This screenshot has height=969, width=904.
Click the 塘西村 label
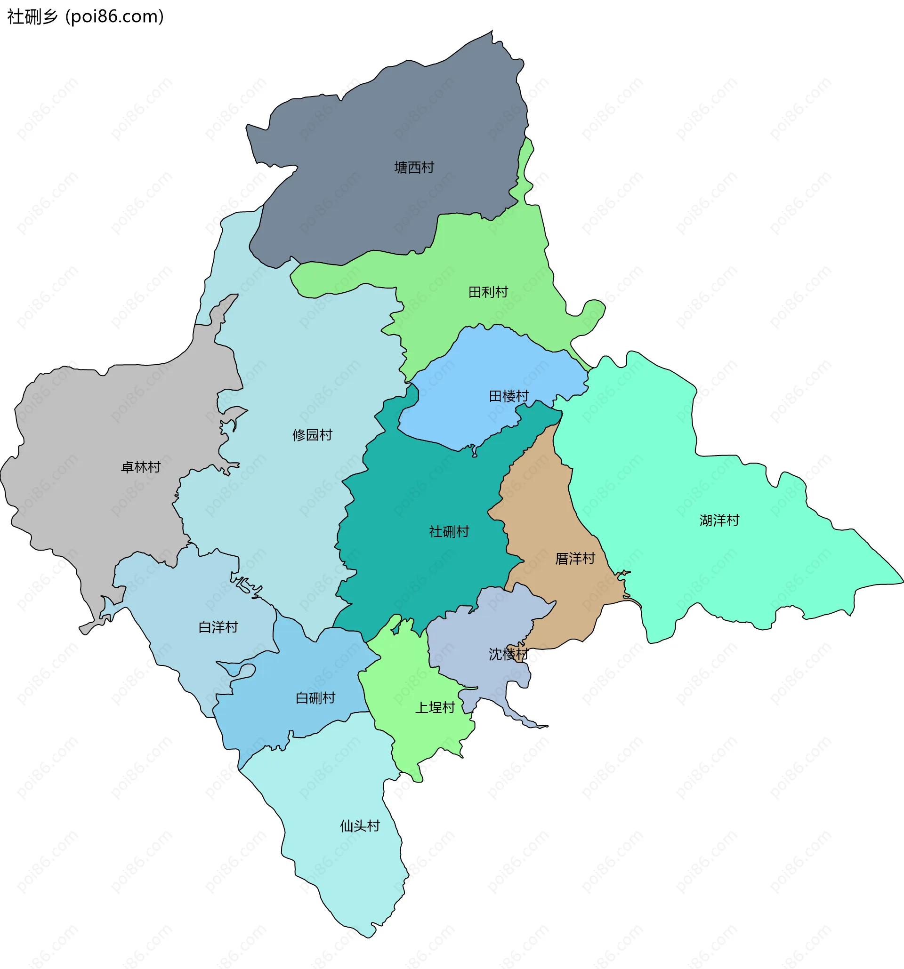pyautogui.click(x=414, y=168)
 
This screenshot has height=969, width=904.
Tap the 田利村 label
pyautogui.click(x=488, y=292)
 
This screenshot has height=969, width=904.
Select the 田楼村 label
pyautogui.click(x=508, y=396)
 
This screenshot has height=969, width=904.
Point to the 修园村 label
pyautogui.click(x=312, y=435)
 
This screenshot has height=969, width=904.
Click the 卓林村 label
pyautogui.click(x=140, y=467)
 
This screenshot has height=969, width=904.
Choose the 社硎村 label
pyautogui.click(x=449, y=531)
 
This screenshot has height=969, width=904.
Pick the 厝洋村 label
pyautogui.click(x=575, y=559)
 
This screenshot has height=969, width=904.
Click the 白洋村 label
pyautogui.click(x=218, y=627)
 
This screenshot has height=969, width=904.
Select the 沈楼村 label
pyautogui.click(x=508, y=654)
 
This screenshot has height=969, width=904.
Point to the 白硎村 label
pyautogui.click(x=315, y=698)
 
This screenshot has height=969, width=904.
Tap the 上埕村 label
pyautogui.click(x=435, y=708)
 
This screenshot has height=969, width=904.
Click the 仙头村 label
pyautogui.click(x=359, y=825)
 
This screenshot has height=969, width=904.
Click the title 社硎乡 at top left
pyautogui.click(x=32, y=16)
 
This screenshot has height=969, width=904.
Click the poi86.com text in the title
pyautogui.click(x=114, y=16)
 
